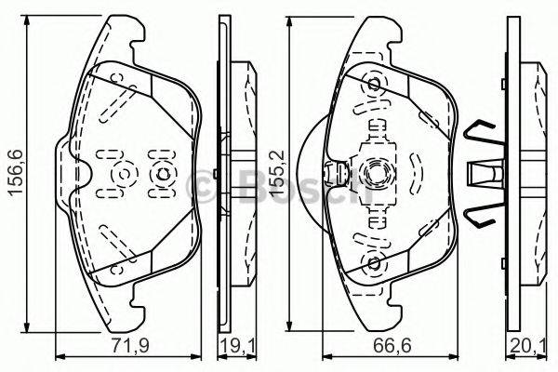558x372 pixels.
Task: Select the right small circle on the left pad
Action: click(161, 174)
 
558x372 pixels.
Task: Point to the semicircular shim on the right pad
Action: click(310, 173)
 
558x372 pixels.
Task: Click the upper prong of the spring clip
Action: click(481, 136)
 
